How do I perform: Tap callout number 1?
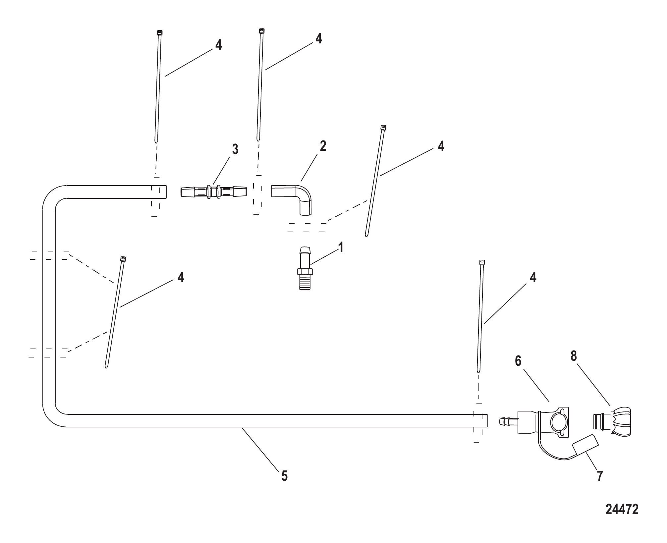click(x=340, y=247)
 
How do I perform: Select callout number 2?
click(x=323, y=146)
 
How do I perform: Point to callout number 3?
click(x=235, y=149)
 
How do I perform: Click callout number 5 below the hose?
click(x=284, y=476)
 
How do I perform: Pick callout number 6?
click(x=518, y=361)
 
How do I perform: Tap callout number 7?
click(x=600, y=476)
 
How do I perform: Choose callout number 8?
click(x=574, y=356)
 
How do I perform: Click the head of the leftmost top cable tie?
click(x=159, y=32)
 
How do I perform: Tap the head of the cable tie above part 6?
click(x=482, y=263)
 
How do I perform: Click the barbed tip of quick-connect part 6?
click(x=504, y=421)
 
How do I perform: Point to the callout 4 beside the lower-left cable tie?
click(x=181, y=277)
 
